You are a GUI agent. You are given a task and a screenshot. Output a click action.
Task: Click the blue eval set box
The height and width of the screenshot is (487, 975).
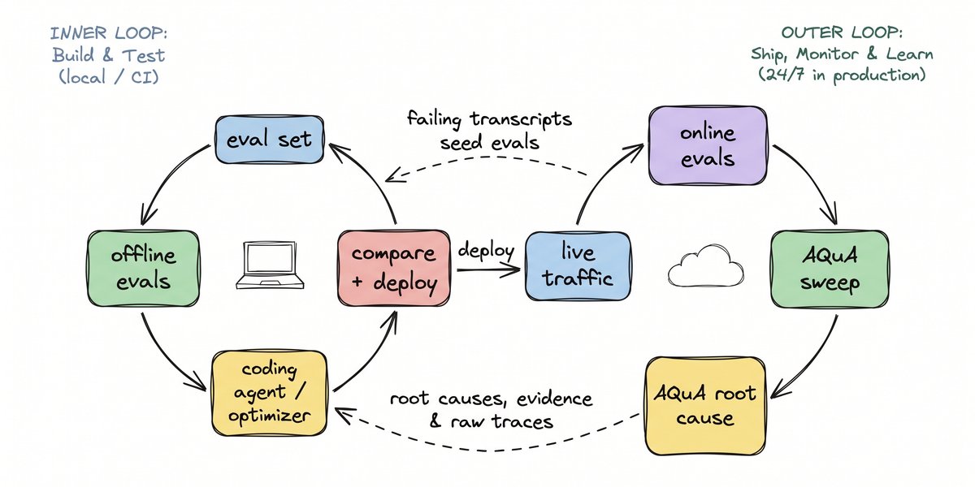pyautogui.click(x=270, y=140)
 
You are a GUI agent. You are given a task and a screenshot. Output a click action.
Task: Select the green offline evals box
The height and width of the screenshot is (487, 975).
pyautogui.click(x=144, y=269)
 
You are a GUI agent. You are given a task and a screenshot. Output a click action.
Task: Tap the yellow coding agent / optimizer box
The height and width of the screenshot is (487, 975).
pyautogui.click(x=270, y=393)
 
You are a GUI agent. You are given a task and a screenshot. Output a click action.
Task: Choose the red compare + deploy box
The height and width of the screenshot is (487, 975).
pyautogui.click(x=394, y=268)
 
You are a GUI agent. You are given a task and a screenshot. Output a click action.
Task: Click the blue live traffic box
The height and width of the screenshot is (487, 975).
pyautogui.click(x=578, y=266)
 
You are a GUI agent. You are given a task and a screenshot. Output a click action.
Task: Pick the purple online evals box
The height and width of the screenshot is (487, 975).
pyautogui.click(x=708, y=145)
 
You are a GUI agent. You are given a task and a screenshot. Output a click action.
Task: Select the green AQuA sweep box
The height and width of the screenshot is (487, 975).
pyautogui.click(x=830, y=269)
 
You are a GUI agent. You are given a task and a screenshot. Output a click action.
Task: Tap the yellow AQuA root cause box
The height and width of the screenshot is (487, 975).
pyautogui.click(x=704, y=406)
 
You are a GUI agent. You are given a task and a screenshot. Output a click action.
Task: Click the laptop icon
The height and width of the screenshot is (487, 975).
pyautogui.click(x=270, y=265)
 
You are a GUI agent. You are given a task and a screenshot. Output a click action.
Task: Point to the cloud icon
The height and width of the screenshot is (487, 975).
pyautogui.click(x=705, y=265)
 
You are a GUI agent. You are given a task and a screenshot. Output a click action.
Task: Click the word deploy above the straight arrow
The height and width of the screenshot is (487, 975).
pyautogui.click(x=486, y=251)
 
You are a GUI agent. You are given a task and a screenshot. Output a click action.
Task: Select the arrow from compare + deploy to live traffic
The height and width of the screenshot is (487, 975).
pyautogui.click(x=488, y=270)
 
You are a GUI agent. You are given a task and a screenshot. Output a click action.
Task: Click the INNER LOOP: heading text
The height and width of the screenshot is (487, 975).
pyautogui.click(x=109, y=33)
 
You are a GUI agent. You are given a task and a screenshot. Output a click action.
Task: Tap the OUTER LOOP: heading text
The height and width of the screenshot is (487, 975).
pyautogui.click(x=842, y=32)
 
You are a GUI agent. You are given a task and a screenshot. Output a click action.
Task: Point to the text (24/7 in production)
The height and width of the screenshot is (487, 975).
pyautogui.click(x=842, y=75)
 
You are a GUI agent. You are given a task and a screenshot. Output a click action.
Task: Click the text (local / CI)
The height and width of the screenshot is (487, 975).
pyautogui.click(x=109, y=77)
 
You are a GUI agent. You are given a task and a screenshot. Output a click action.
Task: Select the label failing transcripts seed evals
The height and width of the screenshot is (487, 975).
pyautogui.click(x=489, y=131)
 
